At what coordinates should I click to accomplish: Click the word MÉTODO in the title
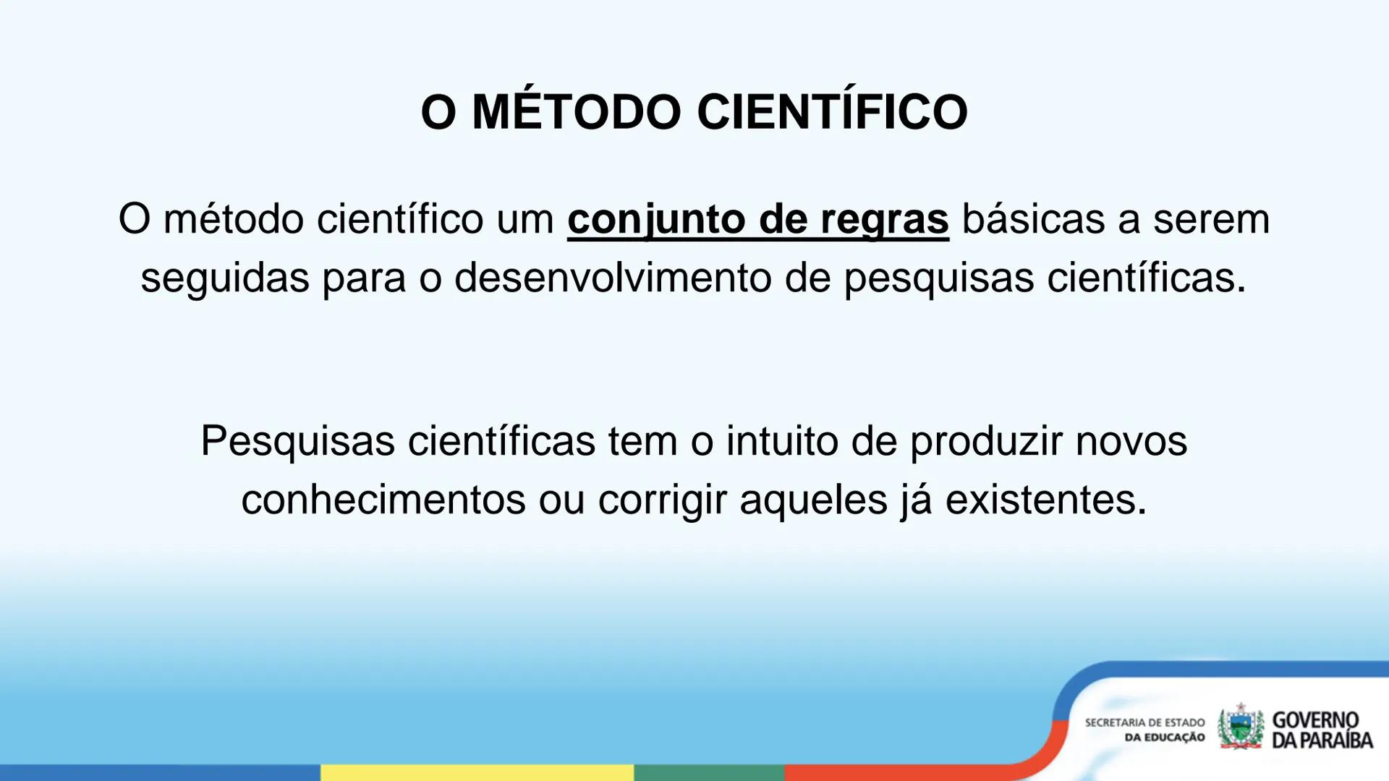[x=576, y=112]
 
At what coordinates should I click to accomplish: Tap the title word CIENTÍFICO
[x=832, y=112]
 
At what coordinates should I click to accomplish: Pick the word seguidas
[x=225, y=278]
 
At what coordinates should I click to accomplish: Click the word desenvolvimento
[x=613, y=278]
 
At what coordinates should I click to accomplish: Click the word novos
[x=1131, y=441]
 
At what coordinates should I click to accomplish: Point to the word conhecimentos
[x=383, y=500]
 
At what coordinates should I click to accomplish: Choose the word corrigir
[x=662, y=500]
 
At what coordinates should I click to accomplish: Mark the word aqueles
[x=813, y=500]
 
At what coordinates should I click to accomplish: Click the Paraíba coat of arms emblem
[x=1240, y=727]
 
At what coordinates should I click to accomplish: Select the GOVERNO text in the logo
[x=1315, y=720]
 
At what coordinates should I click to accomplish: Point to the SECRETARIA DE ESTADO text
[x=1144, y=722]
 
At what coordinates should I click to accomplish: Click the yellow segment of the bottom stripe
[x=477, y=772]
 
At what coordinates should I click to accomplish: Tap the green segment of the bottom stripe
[x=709, y=772]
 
